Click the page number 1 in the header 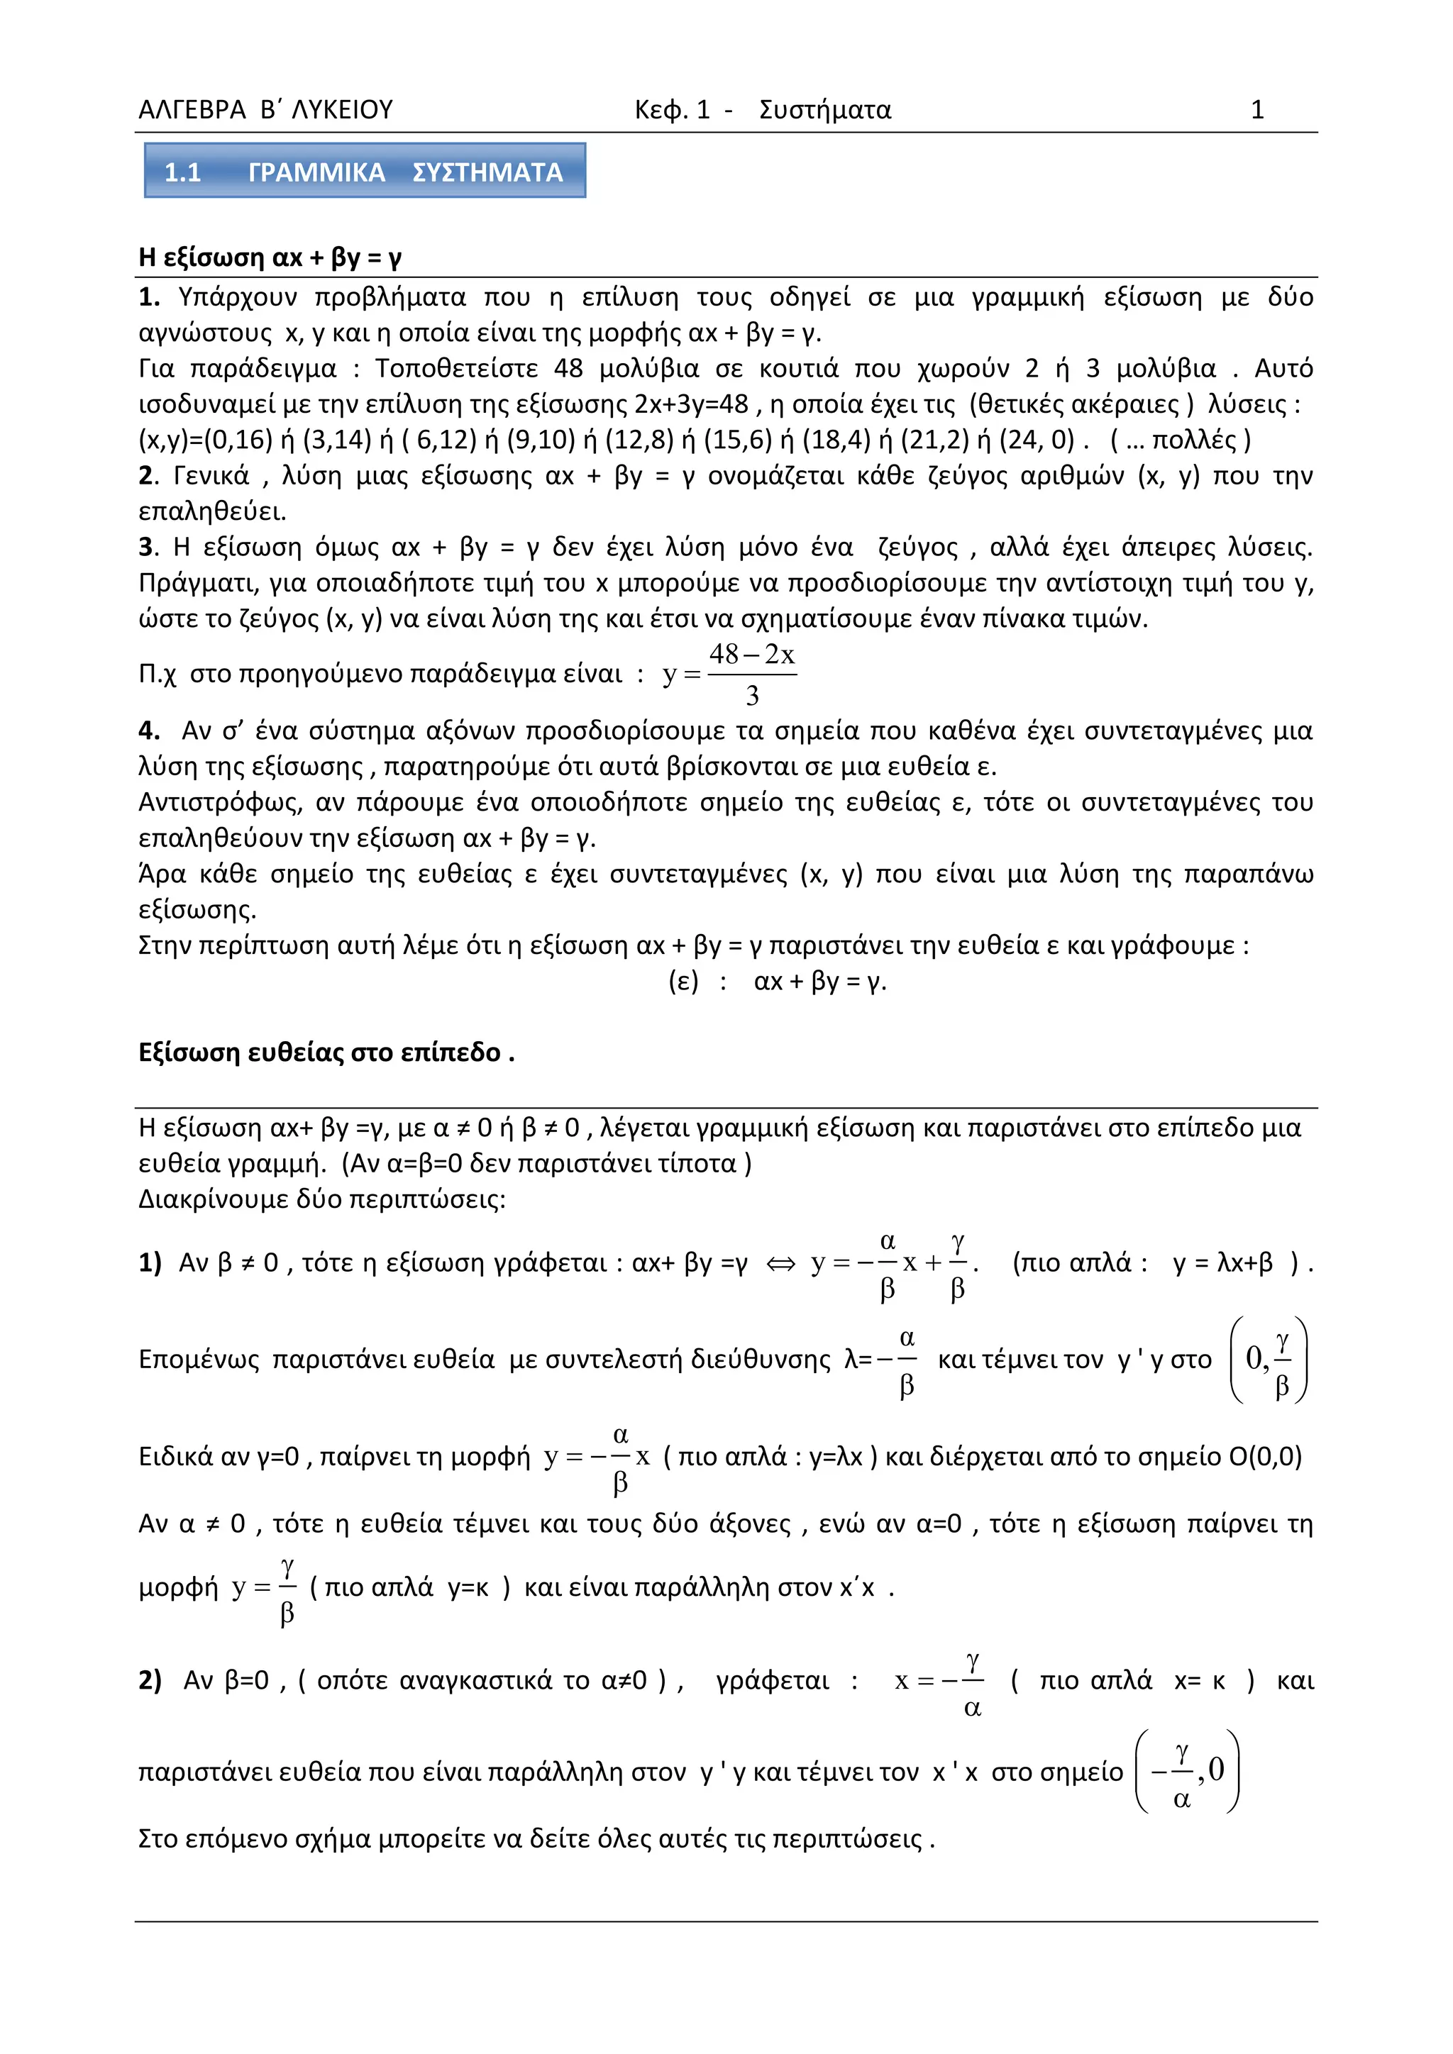[x=1256, y=110]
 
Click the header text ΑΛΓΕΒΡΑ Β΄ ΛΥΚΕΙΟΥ [x=266, y=110]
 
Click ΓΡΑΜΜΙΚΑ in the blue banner [x=316, y=172]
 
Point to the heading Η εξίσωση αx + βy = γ [x=270, y=257]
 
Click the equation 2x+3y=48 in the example [x=691, y=404]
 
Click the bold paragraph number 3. [x=148, y=547]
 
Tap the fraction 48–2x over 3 [x=751, y=674]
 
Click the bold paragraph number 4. [x=148, y=731]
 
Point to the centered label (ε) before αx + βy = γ [x=683, y=982]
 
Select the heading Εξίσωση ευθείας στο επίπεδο [x=326, y=1052]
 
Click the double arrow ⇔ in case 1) [x=780, y=1264]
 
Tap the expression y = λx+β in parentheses [x=1222, y=1262]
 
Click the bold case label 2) [x=150, y=1681]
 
